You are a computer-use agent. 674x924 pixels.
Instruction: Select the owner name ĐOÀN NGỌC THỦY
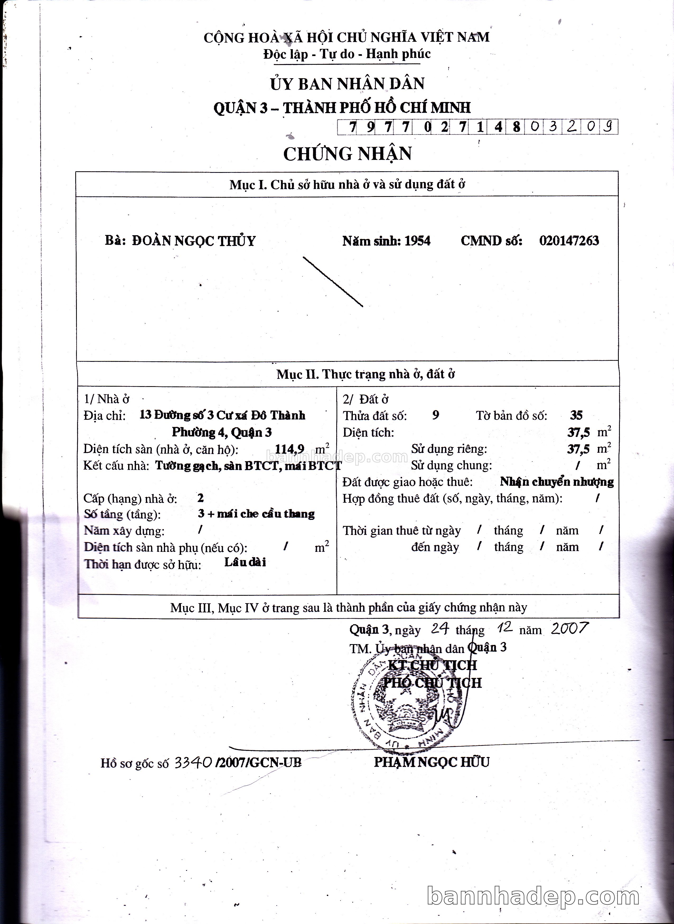[193, 241]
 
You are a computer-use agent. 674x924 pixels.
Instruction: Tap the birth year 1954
[417, 241]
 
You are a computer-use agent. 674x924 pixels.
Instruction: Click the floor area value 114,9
[290, 449]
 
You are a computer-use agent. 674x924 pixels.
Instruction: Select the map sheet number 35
[576, 415]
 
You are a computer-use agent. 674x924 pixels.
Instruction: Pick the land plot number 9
[436, 415]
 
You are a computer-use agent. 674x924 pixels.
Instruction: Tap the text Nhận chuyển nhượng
[556, 482]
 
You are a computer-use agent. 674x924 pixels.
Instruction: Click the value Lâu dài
[245, 563]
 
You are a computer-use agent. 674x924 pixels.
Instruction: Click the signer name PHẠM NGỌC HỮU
[432, 762]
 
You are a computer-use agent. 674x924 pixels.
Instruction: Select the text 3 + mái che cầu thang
[256, 514]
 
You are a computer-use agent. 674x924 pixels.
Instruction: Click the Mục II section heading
[366, 374]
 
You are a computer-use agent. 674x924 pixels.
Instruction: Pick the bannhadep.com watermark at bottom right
[533, 896]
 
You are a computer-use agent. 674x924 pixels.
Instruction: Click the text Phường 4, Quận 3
[222, 432]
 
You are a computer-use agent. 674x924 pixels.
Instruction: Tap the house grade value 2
[200, 498]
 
